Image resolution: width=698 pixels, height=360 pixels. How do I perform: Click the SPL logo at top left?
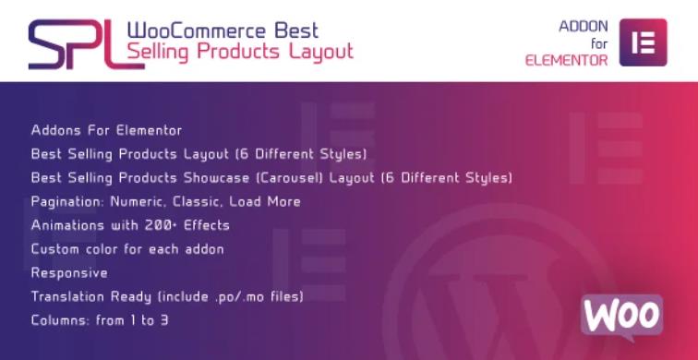tap(72, 44)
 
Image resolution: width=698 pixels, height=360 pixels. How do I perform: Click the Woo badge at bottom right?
tap(621, 315)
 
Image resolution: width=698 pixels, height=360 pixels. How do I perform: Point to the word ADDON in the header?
tap(583, 27)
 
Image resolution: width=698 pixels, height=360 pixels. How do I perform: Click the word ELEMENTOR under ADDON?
tap(566, 60)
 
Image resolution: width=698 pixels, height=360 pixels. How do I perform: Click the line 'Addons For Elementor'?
tap(106, 129)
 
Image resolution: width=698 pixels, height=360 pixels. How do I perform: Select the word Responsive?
tap(69, 273)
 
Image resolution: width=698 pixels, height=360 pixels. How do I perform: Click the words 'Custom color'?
tap(74, 249)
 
